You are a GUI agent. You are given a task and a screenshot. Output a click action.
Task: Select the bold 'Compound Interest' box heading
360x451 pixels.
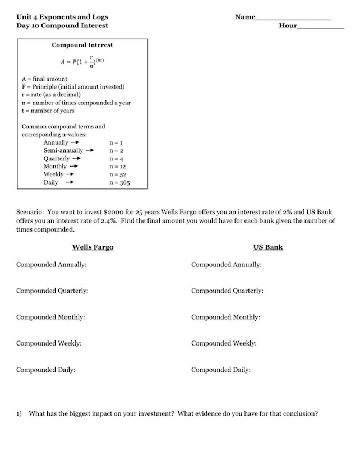[82, 45]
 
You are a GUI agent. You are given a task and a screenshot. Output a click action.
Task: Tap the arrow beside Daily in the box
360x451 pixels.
[70, 182]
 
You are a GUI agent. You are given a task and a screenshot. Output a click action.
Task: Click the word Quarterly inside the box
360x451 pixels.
[57, 159]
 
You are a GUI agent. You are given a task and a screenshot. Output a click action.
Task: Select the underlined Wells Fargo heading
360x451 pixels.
[93, 247]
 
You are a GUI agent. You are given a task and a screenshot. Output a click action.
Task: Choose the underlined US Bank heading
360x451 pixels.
[267, 247]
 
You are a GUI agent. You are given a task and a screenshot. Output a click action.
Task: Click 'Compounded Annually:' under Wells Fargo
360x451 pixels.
[51, 264]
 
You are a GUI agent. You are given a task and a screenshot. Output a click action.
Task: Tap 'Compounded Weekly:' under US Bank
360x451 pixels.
[224, 343]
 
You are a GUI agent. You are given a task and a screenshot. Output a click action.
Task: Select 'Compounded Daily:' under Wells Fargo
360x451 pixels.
[45, 370]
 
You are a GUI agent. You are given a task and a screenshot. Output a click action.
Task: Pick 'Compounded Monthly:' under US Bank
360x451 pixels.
[225, 317]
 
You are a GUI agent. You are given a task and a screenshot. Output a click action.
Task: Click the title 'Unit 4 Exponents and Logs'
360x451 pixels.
[62, 17]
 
